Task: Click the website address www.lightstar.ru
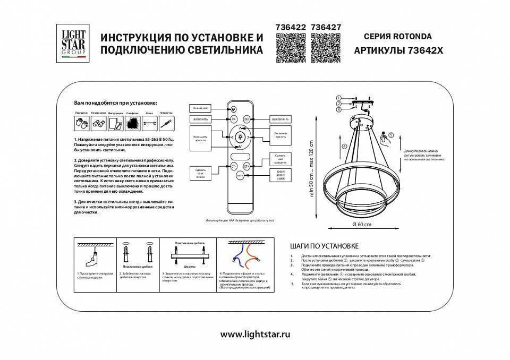pyautogui.click(x=255, y=335)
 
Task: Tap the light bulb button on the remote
pyautogui.click(x=240, y=137)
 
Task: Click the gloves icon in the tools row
pyautogui.click(x=81, y=123)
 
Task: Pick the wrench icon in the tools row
pyautogui.click(x=149, y=123)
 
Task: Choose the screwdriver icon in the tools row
pyautogui.click(x=166, y=123)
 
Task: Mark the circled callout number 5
pyautogui.click(x=392, y=135)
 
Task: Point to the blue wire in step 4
pyautogui.click(x=235, y=253)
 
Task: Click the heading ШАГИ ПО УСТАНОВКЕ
pyautogui.click(x=325, y=246)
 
